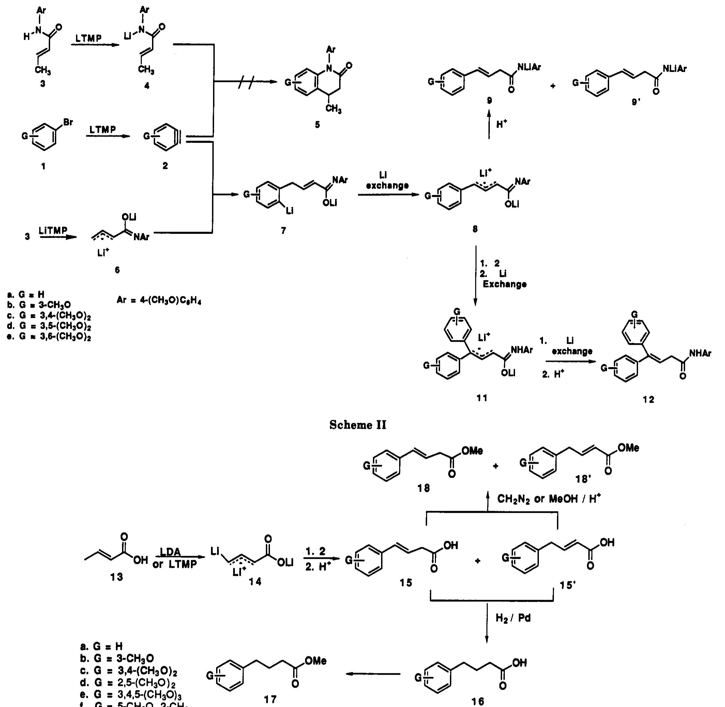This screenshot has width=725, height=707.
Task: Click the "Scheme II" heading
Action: point(358,425)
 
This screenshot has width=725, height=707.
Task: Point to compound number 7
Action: point(283,231)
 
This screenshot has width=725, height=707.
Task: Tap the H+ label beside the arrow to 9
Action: point(502,124)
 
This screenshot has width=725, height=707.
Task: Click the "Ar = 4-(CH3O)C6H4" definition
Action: point(159,300)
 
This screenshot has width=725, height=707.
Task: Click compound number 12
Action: point(648,400)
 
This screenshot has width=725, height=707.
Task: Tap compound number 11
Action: point(482,398)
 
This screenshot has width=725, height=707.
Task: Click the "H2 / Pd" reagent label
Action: point(513,618)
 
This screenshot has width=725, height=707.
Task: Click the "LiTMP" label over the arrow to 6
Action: point(53,231)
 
